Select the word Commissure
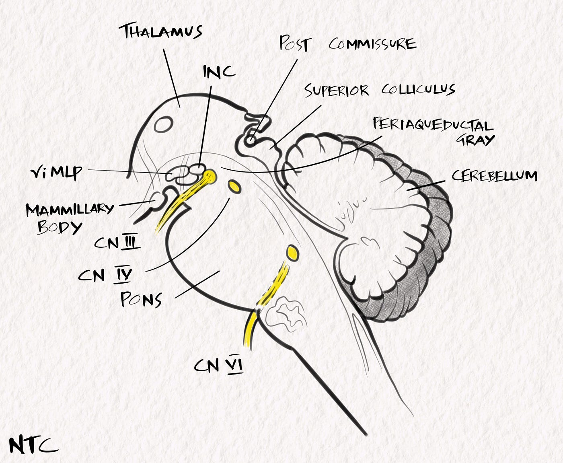(372, 44)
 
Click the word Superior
(336, 91)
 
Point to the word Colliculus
(418, 89)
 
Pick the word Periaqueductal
(433, 125)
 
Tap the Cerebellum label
(495, 175)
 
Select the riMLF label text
(56, 173)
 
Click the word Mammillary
(70, 209)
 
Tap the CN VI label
(218, 366)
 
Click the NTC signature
(33, 445)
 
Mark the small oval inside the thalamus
(163, 124)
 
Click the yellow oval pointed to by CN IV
(234, 186)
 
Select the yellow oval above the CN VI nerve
(292, 252)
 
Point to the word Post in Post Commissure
(295, 43)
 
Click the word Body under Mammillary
(59, 227)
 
